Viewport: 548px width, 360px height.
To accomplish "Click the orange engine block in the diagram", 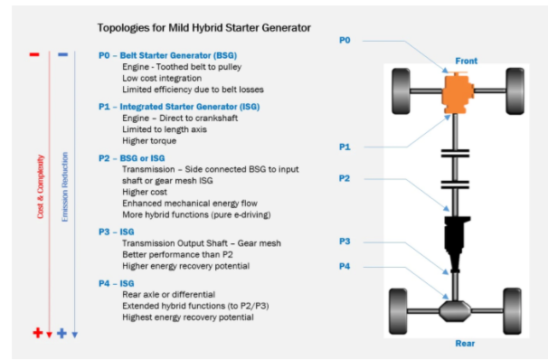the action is pos(458,93).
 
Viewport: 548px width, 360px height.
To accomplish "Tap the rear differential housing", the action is pos(455,311).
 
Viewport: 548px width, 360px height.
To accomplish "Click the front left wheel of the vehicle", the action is pos(401,91).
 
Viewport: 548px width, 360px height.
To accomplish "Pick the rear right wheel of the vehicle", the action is pos(512,311).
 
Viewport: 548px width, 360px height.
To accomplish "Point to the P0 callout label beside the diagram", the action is pos(345,40).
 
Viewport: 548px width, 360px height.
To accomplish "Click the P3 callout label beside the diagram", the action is pos(345,242).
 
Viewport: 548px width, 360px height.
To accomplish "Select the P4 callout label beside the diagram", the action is pos(345,266).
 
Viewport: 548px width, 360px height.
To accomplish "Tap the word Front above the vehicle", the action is pos(467,61).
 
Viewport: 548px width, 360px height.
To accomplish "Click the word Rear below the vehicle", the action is pos(465,343).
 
